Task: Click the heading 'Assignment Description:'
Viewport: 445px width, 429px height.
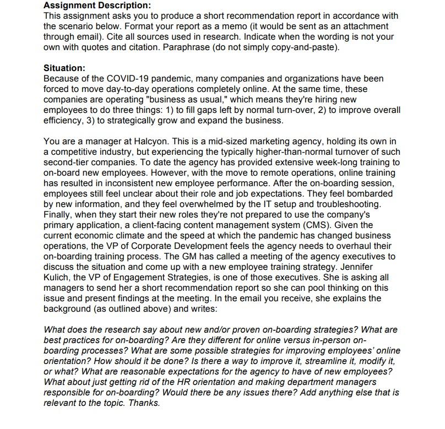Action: tap(97, 6)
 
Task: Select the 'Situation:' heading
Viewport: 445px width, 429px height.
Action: tap(64, 68)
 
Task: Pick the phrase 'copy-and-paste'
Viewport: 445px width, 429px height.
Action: tap(306, 47)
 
